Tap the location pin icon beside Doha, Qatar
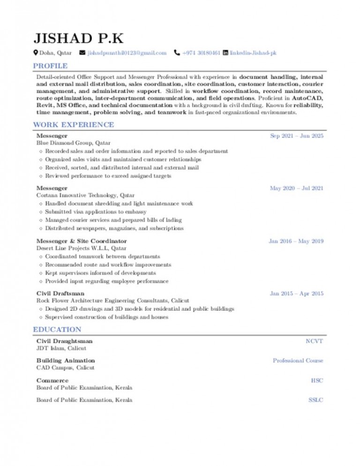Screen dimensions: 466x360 click(36, 53)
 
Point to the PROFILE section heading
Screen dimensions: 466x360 click(50, 66)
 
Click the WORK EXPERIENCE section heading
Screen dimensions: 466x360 click(73, 125)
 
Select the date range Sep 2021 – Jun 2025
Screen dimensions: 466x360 click(297, 135)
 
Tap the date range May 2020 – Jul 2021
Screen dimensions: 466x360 click(297, 188)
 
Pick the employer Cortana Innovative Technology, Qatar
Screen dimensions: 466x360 click(85, 195)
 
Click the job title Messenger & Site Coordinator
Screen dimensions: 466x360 click(82, 241)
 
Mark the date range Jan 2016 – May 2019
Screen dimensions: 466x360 click(296, 241)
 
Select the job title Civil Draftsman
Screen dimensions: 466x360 click(60, 293)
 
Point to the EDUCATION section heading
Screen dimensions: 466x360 click(57, 330)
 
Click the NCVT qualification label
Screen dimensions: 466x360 click(314, 341)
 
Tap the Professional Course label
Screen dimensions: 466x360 click(298, 361)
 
